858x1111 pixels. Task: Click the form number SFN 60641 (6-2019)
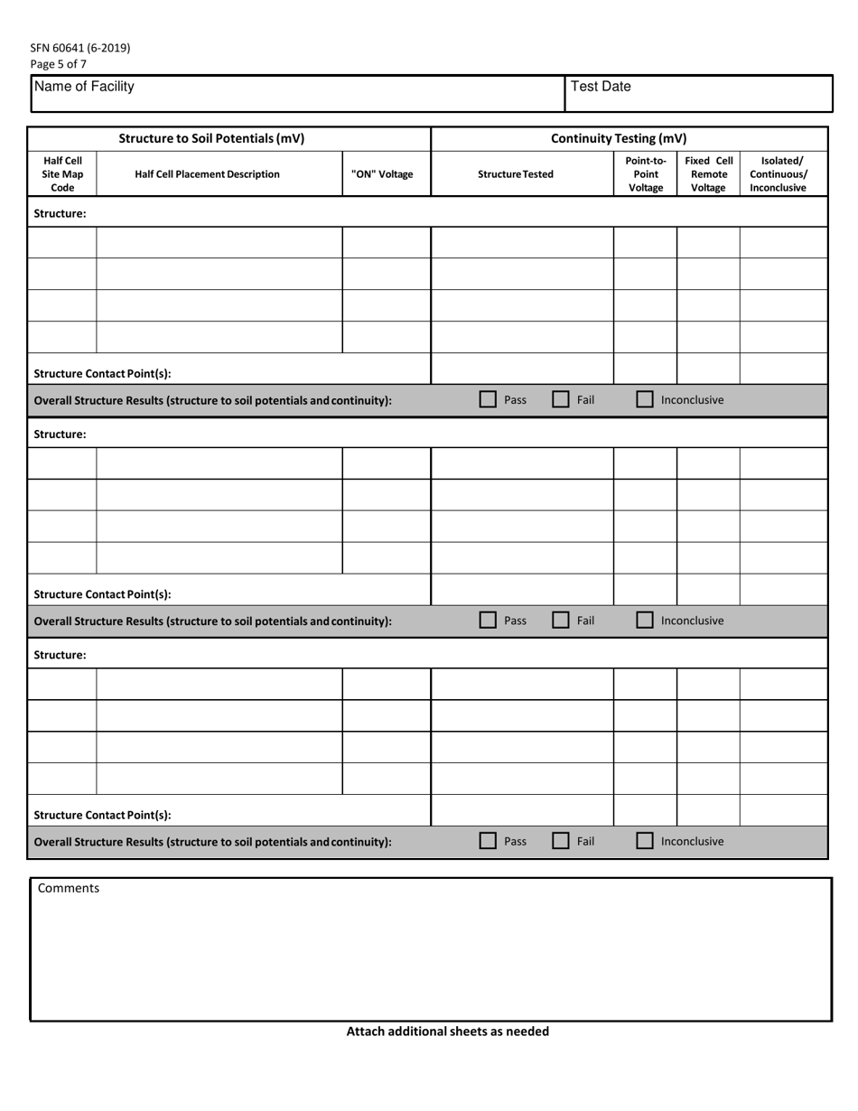80,48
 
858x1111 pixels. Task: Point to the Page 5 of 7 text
59,64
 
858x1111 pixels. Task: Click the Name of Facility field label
84,87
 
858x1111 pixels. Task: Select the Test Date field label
602,87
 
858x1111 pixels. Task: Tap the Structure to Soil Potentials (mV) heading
212,138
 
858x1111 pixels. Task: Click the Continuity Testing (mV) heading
619,138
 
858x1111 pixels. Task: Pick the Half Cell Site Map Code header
62,174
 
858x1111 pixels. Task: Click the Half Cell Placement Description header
207,174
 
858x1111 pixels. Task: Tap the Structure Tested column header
516,174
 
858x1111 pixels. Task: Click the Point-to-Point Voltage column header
646,174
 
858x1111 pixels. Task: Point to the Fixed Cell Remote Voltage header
708,174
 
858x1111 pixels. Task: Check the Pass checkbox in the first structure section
488,399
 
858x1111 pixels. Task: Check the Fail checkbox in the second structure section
561,621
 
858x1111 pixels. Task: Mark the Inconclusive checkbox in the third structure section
645,841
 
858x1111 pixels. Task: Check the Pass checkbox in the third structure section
488,841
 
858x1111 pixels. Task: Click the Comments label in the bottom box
69,888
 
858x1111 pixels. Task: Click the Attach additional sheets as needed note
447,1031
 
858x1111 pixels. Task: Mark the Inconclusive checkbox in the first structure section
645,399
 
